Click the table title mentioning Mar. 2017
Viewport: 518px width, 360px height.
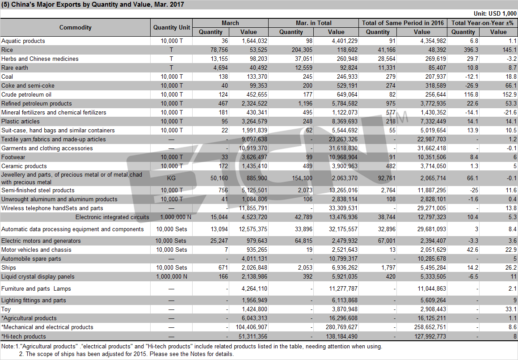tap(93, 4)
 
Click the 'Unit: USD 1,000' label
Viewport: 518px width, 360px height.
tap(495, 13)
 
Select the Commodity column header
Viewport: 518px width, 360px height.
tap(76, 27)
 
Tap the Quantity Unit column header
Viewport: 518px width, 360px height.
tap(172, 27)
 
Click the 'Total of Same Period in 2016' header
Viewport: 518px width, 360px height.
tap(403, 23)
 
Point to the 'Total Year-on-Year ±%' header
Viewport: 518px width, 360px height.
tap(482, 23)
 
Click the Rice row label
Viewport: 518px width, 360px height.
tap(7, 50)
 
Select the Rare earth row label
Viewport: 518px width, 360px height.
tap(15, 68)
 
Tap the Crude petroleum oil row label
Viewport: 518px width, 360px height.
tap(26, 94)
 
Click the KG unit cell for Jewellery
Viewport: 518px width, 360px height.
tap(171, 178)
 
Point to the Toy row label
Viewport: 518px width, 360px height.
tap(6, 309)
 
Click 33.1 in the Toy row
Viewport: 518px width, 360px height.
tap(511, 309)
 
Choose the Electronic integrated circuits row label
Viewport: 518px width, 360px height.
tap(112, 217)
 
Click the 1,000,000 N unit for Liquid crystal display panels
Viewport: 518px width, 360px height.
tap(172, 277)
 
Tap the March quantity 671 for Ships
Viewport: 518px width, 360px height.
tap(223, 268)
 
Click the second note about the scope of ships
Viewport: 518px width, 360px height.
tap(126, 354)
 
